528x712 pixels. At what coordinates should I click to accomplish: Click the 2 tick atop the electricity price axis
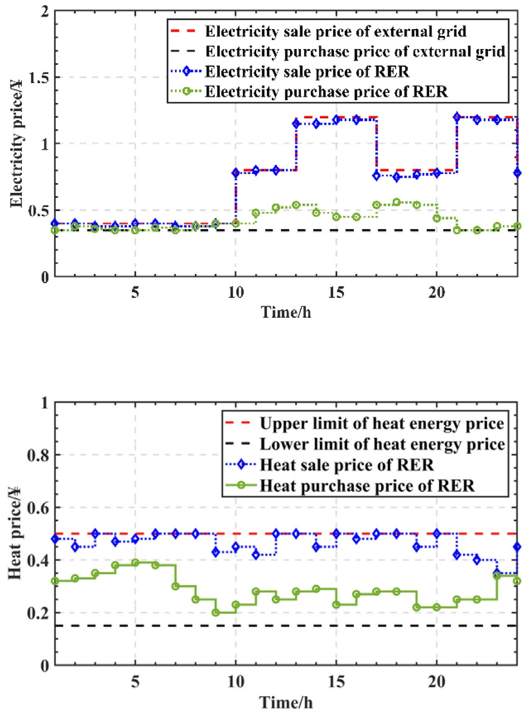pos(46,12)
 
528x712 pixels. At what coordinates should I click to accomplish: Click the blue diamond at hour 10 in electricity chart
pos(235,173)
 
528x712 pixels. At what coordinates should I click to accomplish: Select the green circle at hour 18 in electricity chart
pos(396,202)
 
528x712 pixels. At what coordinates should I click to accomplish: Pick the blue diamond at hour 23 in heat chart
pos(496,573)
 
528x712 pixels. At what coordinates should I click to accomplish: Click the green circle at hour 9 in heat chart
pos(215,613)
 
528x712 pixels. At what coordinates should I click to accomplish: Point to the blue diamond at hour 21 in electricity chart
pos(456,116)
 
